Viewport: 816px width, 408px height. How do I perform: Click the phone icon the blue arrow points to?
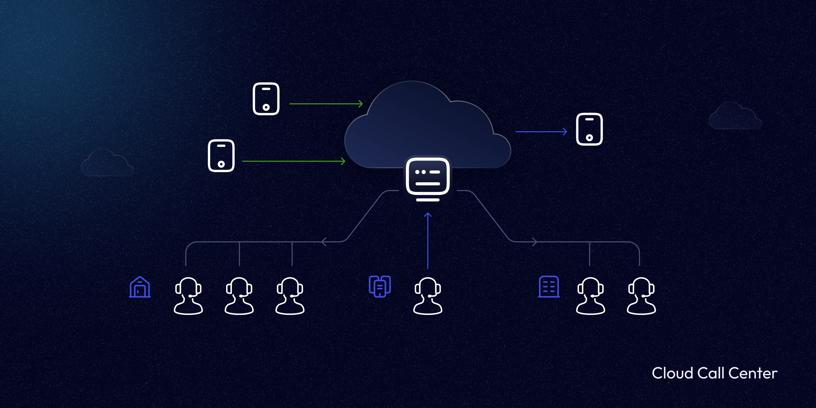tap(589, 129)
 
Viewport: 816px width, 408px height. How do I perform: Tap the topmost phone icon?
tap(266, 99)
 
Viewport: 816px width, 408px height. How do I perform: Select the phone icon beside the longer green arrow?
tap(221, 156)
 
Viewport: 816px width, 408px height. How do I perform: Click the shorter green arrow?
tap(326, 104)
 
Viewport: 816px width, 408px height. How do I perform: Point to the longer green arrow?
tap(293, 161)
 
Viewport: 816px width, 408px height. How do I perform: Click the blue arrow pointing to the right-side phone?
tap(541, 132)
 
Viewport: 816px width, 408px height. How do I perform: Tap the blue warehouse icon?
tap(140, 287)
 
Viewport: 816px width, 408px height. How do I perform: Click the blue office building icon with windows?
tap(549, 287)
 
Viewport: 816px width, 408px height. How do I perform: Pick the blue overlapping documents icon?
tap(380, 286)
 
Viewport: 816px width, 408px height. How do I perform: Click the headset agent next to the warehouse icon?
tap(188, 296)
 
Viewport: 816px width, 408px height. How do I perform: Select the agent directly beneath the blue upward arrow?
tap(428, 296)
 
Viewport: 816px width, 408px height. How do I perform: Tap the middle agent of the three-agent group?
tap(239, 296)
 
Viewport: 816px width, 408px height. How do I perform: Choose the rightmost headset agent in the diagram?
tap(641, 296)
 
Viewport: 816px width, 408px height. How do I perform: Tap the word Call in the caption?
tap(711, 373)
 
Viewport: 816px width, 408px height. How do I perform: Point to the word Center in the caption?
tap(753, 373)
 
